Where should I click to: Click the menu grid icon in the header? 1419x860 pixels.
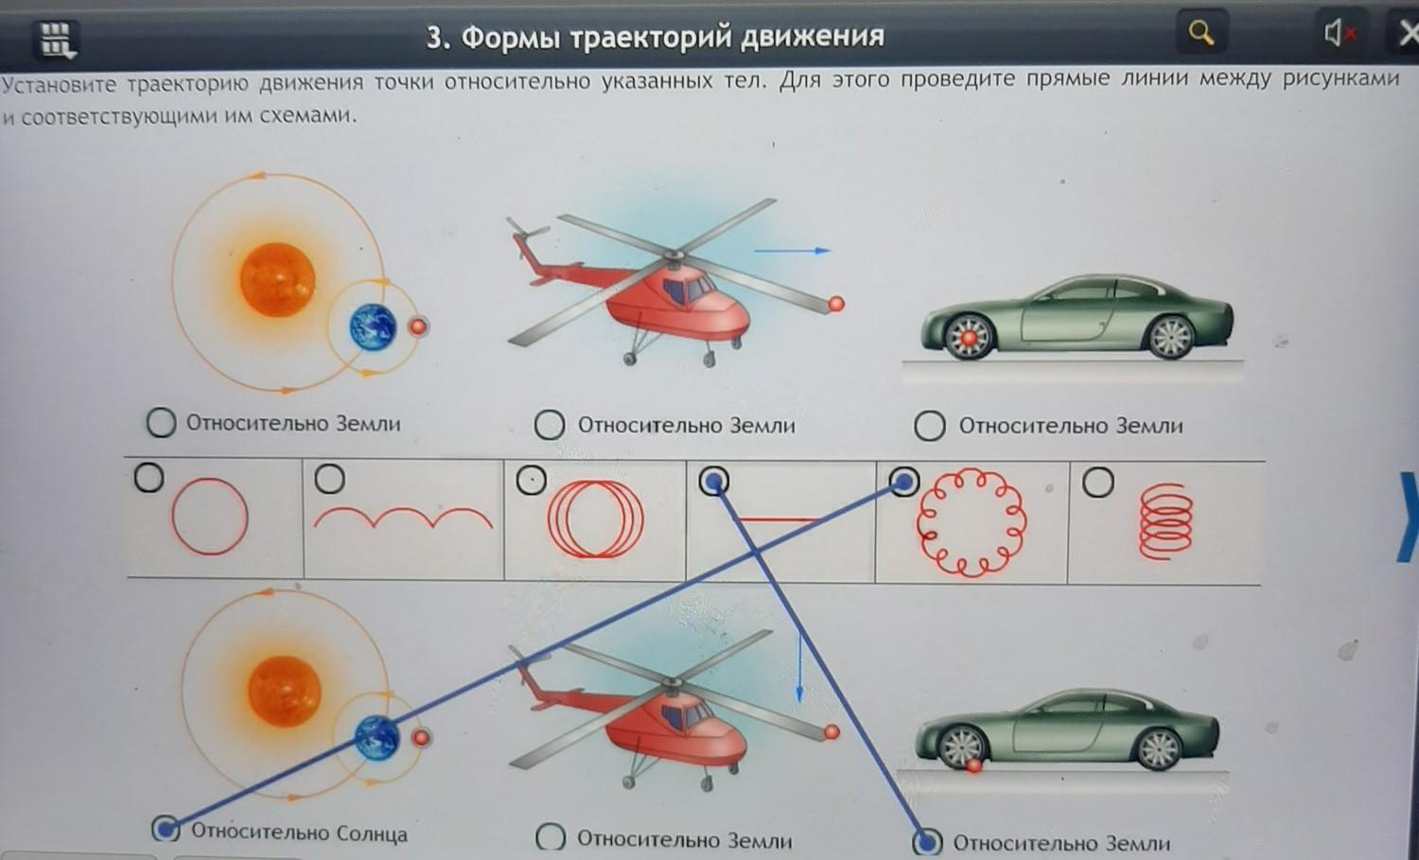(x=58, y=40)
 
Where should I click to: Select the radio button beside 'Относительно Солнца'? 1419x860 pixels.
(x=166, y=828)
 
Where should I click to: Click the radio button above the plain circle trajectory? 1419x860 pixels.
(x=149, y=477)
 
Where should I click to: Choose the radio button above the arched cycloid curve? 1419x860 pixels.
(x=329, y=479)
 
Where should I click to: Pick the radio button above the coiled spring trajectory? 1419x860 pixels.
(x=1097, y=483)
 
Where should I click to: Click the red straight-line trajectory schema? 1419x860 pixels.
(x=778, y=520)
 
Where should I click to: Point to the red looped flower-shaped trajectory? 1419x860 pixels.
(x=972, y=523)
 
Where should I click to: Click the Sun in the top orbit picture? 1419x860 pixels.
(x=277, y=279)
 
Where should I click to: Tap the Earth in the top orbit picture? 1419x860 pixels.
(x=373, y=327)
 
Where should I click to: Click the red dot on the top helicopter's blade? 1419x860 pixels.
(x=836, y=305)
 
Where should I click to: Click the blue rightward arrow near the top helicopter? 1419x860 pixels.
(x=792, y=251)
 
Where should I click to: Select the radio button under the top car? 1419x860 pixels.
(x=929, y=425)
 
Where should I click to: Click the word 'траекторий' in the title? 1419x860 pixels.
(x=651, y=37)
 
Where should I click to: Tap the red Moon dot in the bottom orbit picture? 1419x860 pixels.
(x=421, y=738)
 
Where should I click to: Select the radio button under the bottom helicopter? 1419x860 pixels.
(x=551, y=837)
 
